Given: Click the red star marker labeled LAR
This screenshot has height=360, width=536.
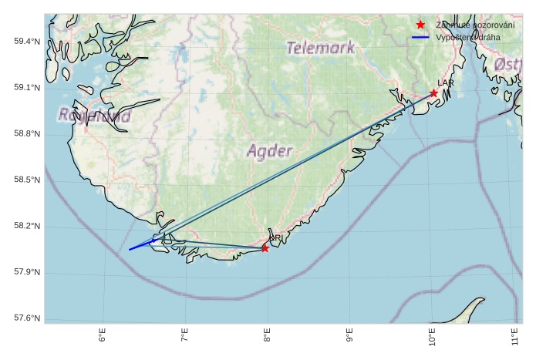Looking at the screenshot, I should click(x=434, y=93).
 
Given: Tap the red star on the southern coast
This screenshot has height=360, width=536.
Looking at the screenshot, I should click(x=265, y=248).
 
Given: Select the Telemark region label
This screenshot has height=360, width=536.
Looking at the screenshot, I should click(x=319, y=48).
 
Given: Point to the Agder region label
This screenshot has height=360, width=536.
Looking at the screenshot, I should click(x=270, y=151).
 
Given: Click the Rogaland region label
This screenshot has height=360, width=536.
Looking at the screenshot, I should click(x=94, y=116).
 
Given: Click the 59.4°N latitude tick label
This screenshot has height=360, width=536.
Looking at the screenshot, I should click(x=27, y=41).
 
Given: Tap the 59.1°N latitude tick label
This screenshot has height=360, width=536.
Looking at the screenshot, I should click(x=27, y=87).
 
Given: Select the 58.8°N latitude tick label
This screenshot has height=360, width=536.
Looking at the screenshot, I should click(x=27, y=133).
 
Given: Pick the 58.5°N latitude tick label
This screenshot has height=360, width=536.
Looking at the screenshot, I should click(x=27, y=180).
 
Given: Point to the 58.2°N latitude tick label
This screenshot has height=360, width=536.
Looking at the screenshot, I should click(x=27, y=226).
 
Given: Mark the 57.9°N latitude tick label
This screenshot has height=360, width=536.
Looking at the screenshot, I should click(x=27, y=272).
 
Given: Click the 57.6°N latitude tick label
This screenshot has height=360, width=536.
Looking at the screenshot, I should click(x=27, y=318).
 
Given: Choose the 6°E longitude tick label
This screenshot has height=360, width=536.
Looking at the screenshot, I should click(x=103, y=336).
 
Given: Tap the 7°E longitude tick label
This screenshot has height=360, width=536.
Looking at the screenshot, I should click(x=185, y=336).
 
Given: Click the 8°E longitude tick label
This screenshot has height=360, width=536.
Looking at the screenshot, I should click(x=268, y=336).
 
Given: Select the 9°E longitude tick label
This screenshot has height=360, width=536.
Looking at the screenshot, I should click(x=349, y=336).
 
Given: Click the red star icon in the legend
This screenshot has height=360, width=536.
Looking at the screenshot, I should click(x=420, y=25).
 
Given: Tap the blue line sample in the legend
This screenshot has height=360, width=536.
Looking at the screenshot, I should click(x=420, y=37).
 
